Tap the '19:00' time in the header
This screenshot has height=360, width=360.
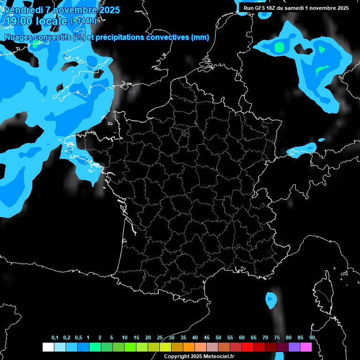pyautogui.click(x=18, y=21)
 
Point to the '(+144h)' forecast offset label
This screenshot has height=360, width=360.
pyautogui.click(x=83, y=21)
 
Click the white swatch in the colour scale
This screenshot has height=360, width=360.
pyautogui.click(x=48, y=347)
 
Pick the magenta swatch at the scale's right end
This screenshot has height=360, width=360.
pyautogui.click(x=306, y=347)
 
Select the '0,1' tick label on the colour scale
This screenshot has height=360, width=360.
pyautogui.click(x=55, y=338)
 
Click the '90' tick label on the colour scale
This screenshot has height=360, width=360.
pyautogui.click(x=312, y=338)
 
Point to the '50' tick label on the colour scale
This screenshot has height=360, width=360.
pyautogui.click(x=218, y=338)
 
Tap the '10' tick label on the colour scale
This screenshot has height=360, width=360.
pyautogui.click(x=125, y=338)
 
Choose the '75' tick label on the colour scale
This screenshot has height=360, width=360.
pyautogui.click(x=277, y=338)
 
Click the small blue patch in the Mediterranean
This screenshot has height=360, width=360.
pyautogui.click(x=271, y=300)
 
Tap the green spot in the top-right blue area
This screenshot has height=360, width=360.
pyautogui.click(x=279, y=46)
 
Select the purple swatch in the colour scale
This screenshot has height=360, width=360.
pyautogui.click(x=294, y=347)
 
